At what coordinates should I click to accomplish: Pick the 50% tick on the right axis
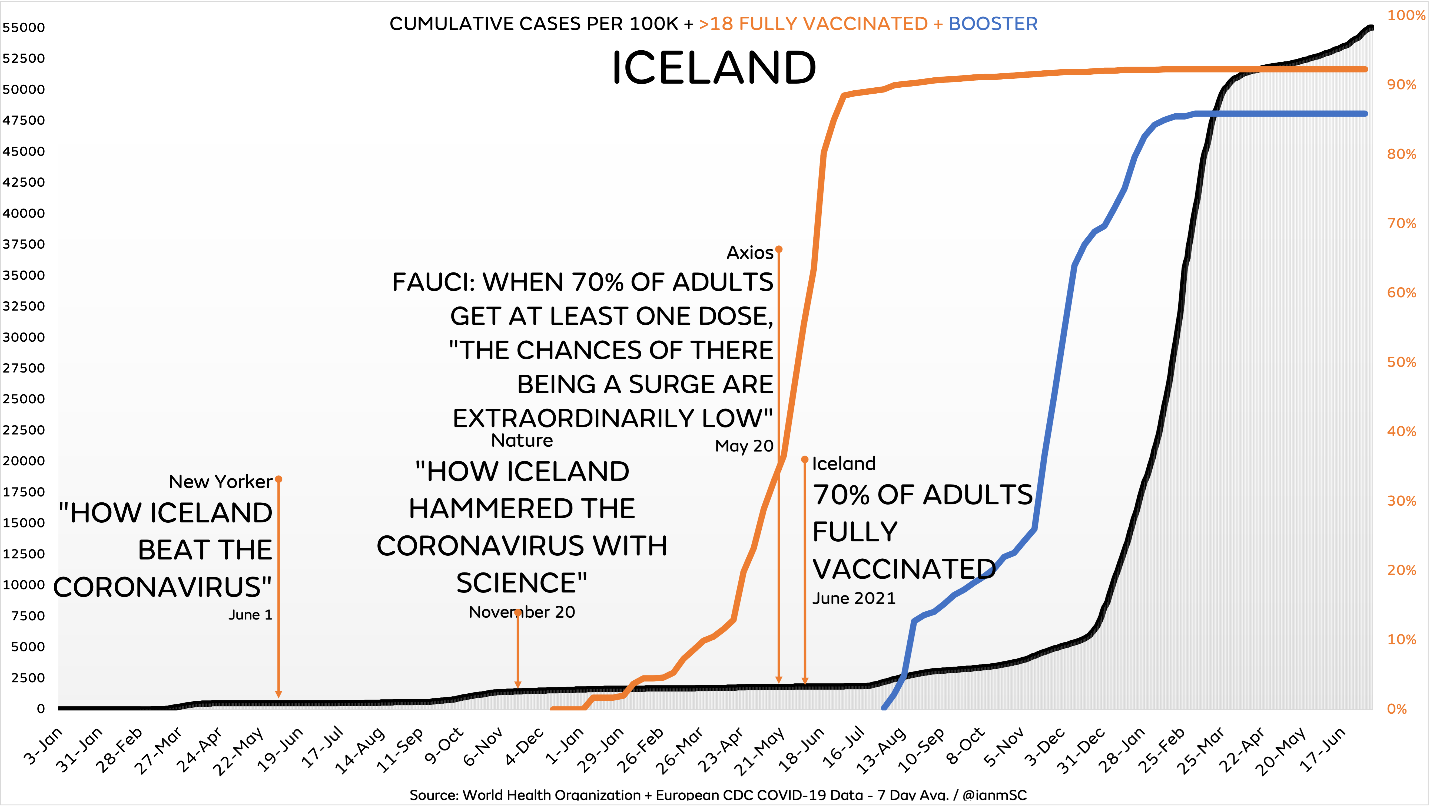[x=1402, y=362]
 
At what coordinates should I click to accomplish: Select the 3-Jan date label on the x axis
[x=43, y=746]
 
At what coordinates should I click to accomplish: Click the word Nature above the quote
[x=522, y=440]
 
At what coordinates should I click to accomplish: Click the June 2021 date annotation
[x=854, y=598]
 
